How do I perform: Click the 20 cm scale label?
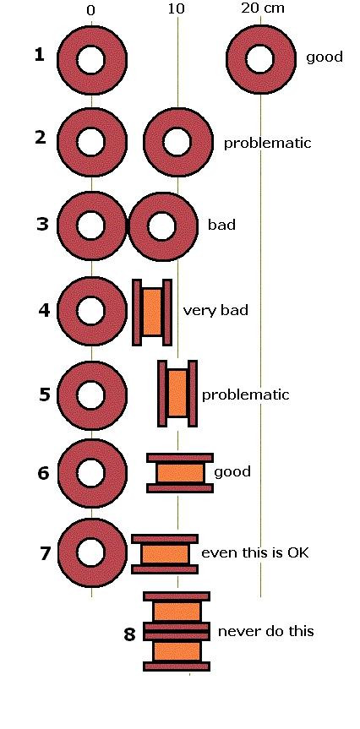pyautogui.click(x=262, y=8)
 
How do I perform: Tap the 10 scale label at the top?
pyautogui.click(x=177, y=9)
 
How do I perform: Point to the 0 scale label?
pyautogui.click(x=90, y=11)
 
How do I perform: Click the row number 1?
pyautogui.click(x=40, y=55)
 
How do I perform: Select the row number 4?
pyautogui.click(x=44, y=310)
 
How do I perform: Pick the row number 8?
pyautogui.click(x=129, y=634)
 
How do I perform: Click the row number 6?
pyautogui.click(x=43, y=474)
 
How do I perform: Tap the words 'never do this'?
pyautogui.click(x=265, y=631)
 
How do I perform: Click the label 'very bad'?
pyautogui.click(x=215, y=310)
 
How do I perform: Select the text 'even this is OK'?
pyautogui.click(x=255, y=552)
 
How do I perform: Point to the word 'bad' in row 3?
pyautogui.click(x=221, y=225)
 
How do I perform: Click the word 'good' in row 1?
pyautogui.click(x=325, y=57)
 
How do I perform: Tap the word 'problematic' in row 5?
pyautogui.click(x=245, y=395)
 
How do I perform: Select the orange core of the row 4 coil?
pyautogui.click(x=152, y=312)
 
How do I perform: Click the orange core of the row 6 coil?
pyautogui.click(x=180, y=473)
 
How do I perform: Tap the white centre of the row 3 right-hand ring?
pyautogui.click(x=161, y=226)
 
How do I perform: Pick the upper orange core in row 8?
pyautogui.click(x=177, y=612)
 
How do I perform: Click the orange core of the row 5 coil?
pyautogui.click(x=177, y=394)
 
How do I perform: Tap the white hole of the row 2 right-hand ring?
pyautogui.click(x=177, y=142)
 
